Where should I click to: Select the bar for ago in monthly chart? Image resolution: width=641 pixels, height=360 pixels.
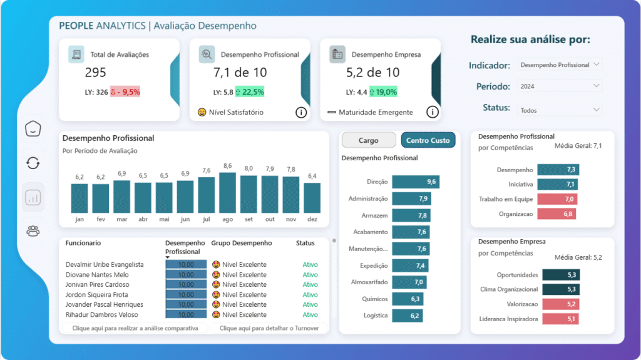[x=227, y=193]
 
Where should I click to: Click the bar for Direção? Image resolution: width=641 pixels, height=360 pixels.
[x=415, y=182]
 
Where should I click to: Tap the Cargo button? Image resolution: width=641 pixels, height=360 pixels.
[x=368, y=140]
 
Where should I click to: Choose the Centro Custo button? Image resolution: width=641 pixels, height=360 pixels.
[x=428, y=140]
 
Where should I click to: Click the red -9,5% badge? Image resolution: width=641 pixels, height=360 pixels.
[x=125, y=92]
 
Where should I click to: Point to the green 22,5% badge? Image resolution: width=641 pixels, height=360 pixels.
[x=250, y=92]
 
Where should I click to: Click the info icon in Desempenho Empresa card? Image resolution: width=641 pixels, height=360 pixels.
[x=432, y=112]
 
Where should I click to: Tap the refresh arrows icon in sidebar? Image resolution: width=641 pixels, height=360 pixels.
[x=33, y=163]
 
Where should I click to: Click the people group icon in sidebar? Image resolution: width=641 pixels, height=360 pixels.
[x=33, y=231]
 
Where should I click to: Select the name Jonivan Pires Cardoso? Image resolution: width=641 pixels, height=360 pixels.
[x=101, y=284]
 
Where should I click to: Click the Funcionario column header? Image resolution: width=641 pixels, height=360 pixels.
[x=83, y=243]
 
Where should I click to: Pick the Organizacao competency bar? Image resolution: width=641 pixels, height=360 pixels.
[x=556, y=213]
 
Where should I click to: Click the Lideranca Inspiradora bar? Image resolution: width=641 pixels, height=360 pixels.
[x=560, y=319]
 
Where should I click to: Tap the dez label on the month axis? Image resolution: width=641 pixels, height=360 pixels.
[x=312, y=220]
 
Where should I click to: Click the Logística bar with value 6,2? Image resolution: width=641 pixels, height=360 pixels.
[x=408, y=316]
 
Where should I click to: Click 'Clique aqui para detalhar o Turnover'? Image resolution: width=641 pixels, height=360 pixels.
[x=269, y=328]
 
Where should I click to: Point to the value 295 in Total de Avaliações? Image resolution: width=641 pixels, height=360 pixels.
[x=96, y=73]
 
